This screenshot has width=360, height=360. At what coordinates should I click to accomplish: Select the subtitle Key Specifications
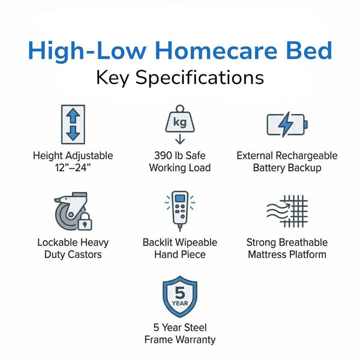click(x=180, y=78)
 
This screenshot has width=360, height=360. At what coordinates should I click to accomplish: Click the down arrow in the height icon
click(x=73, y=133)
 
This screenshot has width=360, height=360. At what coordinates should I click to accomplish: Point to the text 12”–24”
click(x=73, y=168)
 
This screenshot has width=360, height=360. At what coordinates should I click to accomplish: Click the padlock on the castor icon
click(x=86, y=223)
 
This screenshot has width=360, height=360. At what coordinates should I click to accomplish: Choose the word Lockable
click(x=58, y=242)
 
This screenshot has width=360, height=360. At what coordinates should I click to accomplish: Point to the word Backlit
click(x=158, y=242)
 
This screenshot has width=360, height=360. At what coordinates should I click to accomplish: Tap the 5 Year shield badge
click(x=180, y=296)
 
